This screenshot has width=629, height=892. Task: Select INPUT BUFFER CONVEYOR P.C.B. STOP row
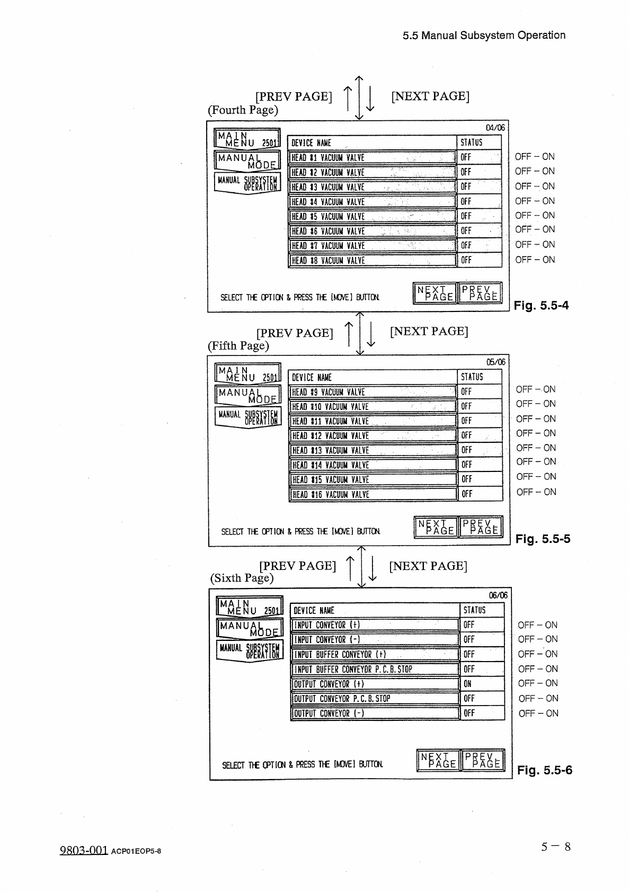coord(375,669)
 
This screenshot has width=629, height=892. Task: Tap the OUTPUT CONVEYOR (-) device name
coord(375,713)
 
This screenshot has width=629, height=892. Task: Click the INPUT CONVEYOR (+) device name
coord(375,625)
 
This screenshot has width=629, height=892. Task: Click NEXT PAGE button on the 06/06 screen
coord(438,760)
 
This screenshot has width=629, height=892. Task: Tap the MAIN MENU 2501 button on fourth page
coord(247,138)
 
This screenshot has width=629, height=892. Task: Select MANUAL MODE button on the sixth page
coord(250,629)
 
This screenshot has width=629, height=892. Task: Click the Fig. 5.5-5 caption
coord(543,539)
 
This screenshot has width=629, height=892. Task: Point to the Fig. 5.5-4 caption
coord(541,305)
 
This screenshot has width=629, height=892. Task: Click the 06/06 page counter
coord(498,595)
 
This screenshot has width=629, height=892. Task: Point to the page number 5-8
coord(556,846)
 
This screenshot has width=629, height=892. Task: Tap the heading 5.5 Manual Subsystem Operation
coord(484,35)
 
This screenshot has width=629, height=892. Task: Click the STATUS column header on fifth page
coord(472,377)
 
